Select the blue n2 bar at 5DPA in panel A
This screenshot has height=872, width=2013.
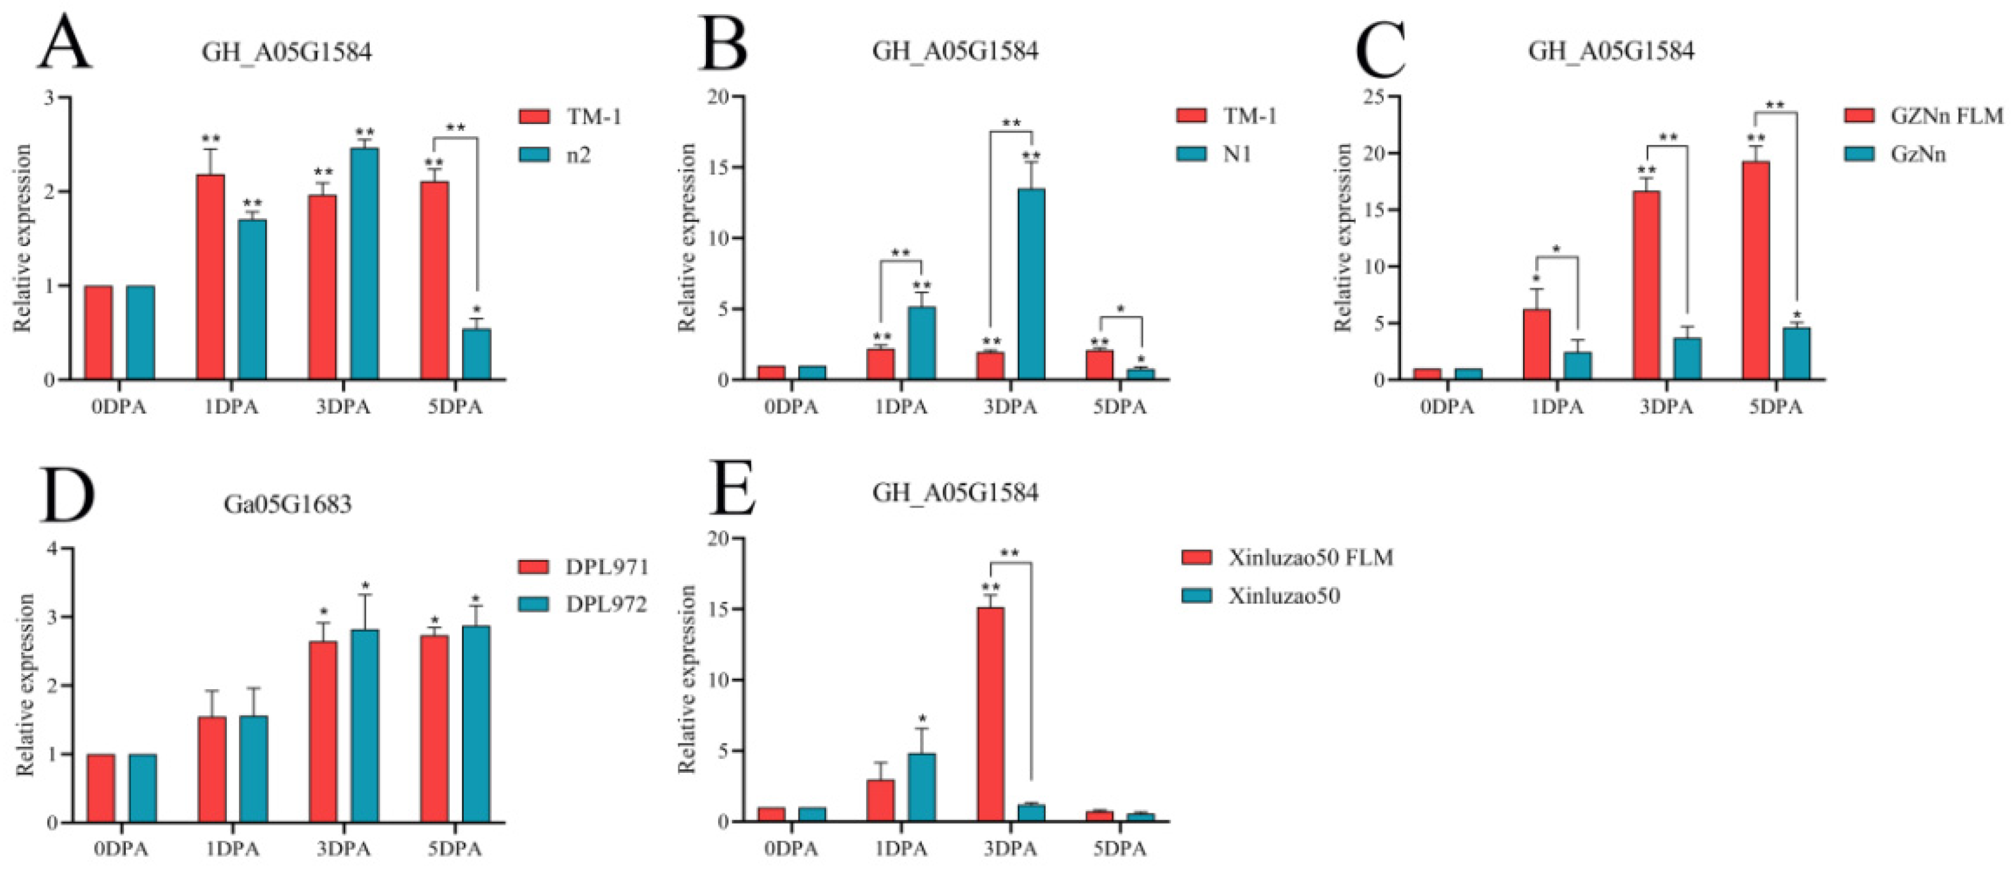click(x=476, y=354)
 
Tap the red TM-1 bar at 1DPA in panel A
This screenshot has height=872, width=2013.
click(x=211, y=277)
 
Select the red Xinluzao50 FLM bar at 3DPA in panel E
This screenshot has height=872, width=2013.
click(x=991, y=714)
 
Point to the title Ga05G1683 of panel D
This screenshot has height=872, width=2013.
click(x=287, y=504)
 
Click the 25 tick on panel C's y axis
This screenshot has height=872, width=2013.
click(x=1383, y=97)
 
